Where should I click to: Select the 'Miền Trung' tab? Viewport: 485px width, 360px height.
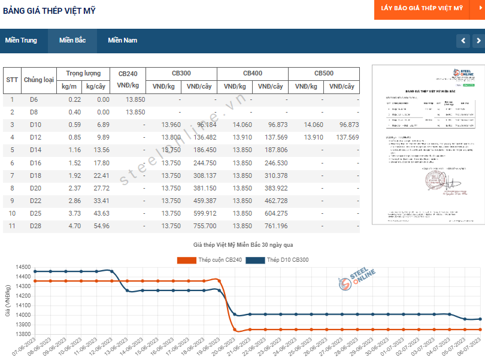(21, 41)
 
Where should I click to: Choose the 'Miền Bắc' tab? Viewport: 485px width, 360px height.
(72, 41)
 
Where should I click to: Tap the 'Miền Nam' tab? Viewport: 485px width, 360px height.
(122, 41)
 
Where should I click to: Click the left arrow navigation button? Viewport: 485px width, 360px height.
(463, 41)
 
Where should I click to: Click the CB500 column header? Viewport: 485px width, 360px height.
(324, 73)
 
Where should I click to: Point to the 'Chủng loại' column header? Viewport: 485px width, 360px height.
(38, 80)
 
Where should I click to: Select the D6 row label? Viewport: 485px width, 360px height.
(34, 99)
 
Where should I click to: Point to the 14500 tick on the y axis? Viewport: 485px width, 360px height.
(22, 267)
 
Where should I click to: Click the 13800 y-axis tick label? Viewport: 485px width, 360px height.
(22, 334)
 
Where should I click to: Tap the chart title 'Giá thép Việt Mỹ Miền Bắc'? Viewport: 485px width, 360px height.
(242, 246)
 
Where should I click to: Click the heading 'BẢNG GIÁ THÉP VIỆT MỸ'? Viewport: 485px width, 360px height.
(49, 11)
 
